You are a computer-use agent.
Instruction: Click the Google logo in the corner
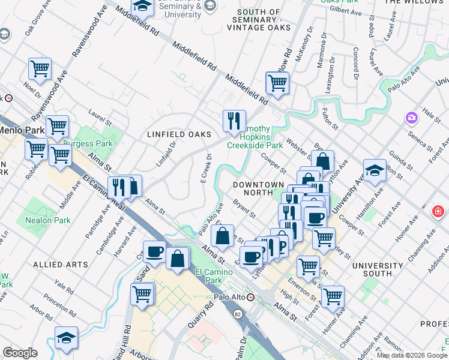[20, 353]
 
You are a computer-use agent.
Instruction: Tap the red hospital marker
[439, 212]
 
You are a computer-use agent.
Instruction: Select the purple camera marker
[411, 117]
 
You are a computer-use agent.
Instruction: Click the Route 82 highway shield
[238, 314]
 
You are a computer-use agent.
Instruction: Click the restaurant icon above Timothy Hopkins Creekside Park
[232, 121]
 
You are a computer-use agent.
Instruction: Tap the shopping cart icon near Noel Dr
[40, 70]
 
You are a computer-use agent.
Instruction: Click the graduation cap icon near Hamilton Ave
[375, 172]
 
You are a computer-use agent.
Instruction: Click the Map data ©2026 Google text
[412, 355]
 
